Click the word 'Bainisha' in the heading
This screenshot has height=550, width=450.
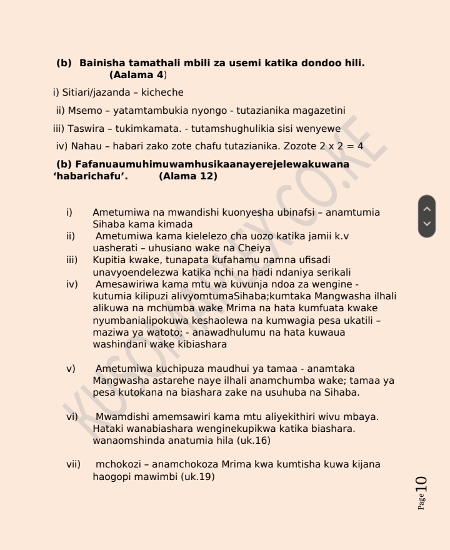[101, 63]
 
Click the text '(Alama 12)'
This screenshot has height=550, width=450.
[188, 176]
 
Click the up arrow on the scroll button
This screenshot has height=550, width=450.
[427, 209]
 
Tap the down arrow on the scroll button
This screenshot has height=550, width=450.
[427, 223]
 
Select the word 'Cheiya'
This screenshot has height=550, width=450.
[242, 248]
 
